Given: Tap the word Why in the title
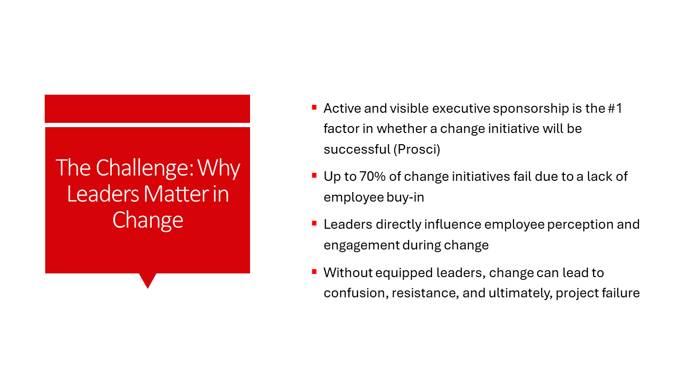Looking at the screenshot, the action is [219, 169].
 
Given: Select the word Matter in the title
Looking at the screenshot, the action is [176, 194].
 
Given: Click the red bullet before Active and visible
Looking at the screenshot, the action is [314, 107].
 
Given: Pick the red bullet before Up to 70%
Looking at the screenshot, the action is [314, 176].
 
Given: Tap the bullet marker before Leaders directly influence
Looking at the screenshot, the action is [314, 223].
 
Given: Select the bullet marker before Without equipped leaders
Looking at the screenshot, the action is [314, 271].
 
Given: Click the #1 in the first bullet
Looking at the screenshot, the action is [615, 109].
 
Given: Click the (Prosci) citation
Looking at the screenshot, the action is [417, 149].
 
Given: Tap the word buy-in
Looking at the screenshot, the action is [405, 197].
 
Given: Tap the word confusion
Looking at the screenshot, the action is [356, 293].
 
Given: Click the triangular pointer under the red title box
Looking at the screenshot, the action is [148, 280].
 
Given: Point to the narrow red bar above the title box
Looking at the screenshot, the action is [147, 109].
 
